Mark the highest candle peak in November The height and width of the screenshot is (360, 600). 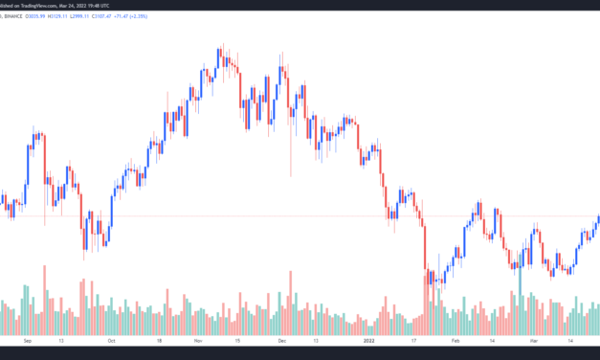click(222, 45)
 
